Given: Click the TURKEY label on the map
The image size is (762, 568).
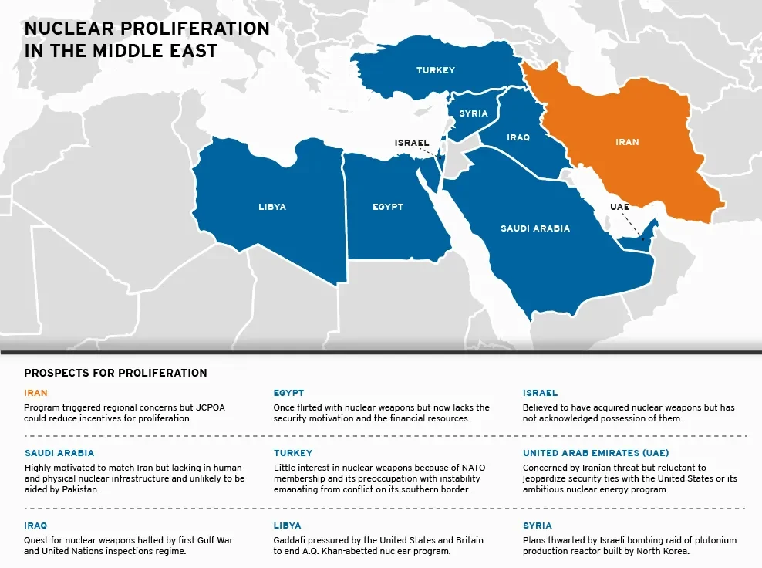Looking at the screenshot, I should pyautogui.click(x=436, y=70).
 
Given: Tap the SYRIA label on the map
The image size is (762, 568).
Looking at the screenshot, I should pyautogui.click(x=474, y=113).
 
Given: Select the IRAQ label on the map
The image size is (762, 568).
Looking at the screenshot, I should pyautogui.click(x=518, y=137).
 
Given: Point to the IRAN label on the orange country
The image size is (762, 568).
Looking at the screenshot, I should pyautogui.click(x=627, y=142).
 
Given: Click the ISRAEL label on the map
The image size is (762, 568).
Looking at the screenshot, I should pyautogui.click(x=412, y=143).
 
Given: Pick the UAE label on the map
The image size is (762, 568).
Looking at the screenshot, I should pyautogui.click(x=619, y=207).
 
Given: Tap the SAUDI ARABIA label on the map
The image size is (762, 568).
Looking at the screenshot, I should pyautogui.click(x=535, y=228).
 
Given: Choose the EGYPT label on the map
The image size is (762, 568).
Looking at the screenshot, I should pyautogui.click(x=388, y=207).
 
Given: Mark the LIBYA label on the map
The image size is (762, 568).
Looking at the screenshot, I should pyautogui.click(x=272, y=207).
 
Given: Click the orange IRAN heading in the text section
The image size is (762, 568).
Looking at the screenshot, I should pyautogui.click(x=35, y=393).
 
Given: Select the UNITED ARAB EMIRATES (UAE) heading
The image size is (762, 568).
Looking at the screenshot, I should pyautogui.click(x=595, y=453).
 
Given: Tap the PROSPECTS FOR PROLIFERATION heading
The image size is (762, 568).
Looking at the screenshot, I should pyautogui.click(x=116, y=373).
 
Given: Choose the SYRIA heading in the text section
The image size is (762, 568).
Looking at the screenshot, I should pyautogui.click(x=538, y=526).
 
